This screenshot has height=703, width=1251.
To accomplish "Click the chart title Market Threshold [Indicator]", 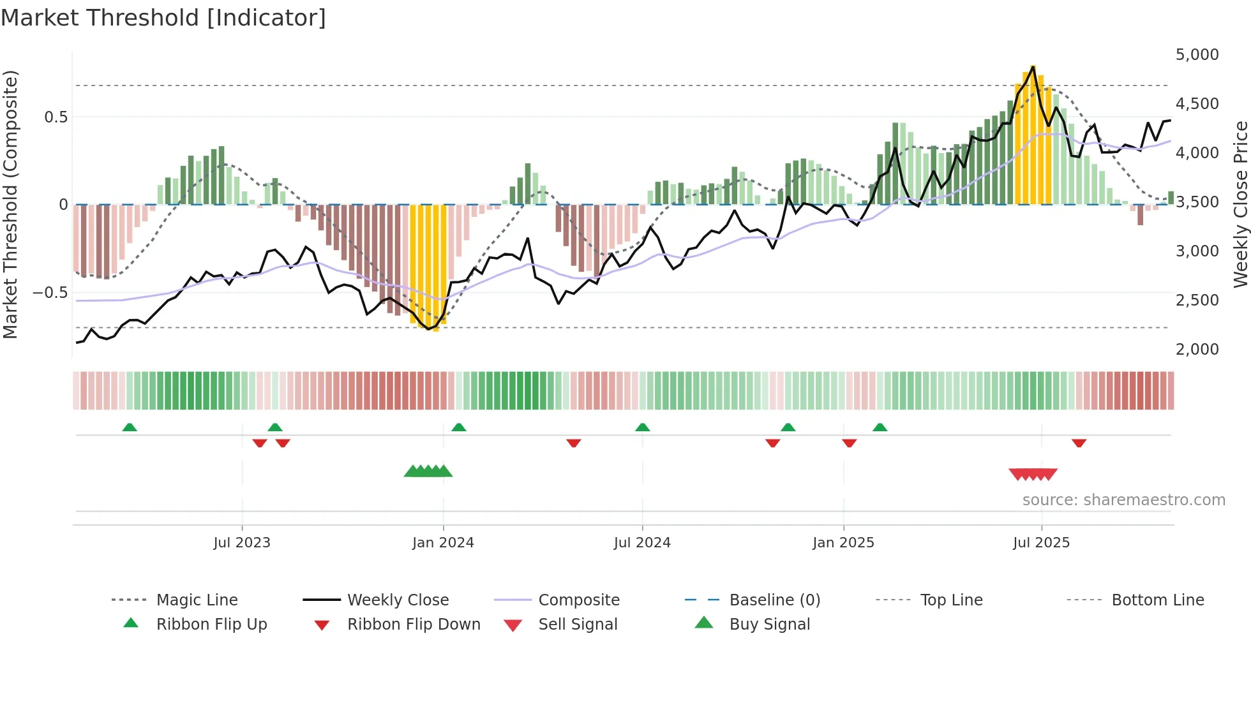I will click(x=163, y=18).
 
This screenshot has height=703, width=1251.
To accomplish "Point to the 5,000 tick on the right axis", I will click(x=1197, y=55).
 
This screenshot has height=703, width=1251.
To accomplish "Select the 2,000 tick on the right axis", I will click(x=1197, y=350).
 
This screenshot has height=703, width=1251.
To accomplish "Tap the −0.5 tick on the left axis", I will click(x=50, y=293).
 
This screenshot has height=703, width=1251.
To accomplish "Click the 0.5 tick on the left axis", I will click(x=56, y=117).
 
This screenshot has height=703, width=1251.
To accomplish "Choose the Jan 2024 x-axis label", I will click(x=443, y=543).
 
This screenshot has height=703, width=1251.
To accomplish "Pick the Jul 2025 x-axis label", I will click(x=1041, y=543).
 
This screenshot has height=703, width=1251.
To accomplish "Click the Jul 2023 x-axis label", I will click(x=242, y=543).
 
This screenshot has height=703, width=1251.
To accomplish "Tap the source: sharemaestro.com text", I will click(x=1123, y=500).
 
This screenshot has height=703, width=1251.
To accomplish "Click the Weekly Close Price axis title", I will click(x=1240, y=204).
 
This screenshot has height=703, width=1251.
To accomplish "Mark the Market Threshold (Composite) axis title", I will click(x=10, y=204).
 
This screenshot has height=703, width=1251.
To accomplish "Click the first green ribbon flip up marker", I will click(x=130, y=427).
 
